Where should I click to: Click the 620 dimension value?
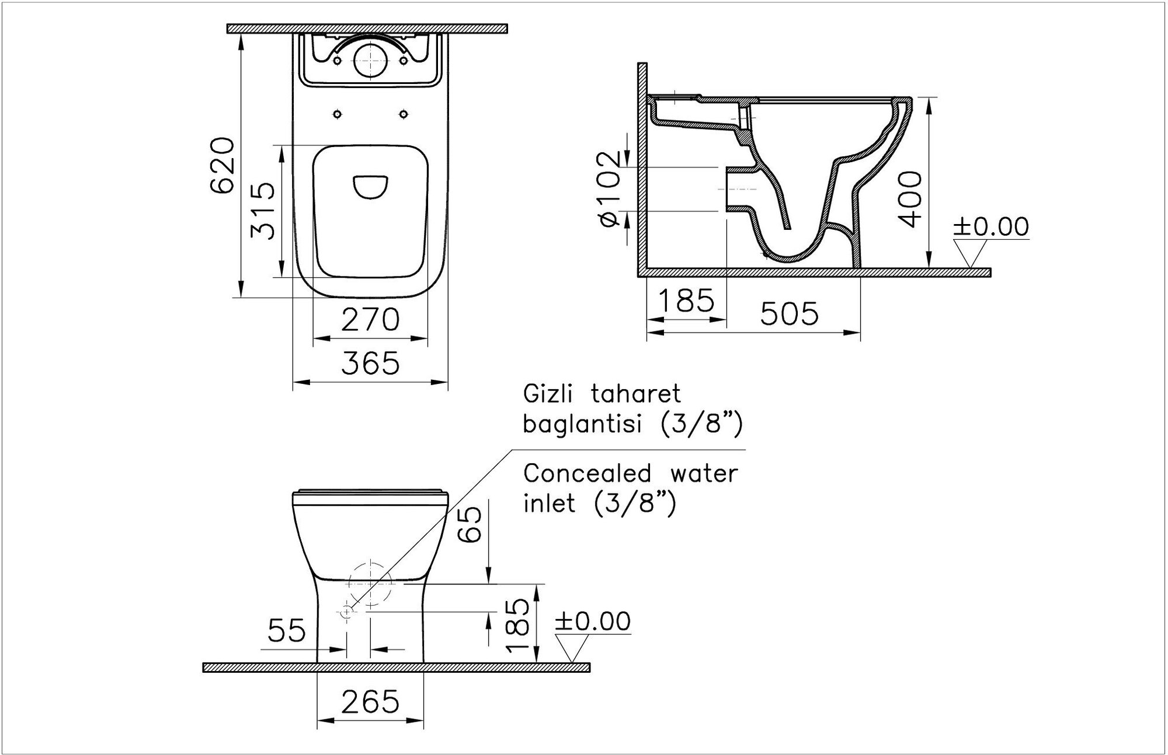[x=223, y=165]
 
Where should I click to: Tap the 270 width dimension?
[x=370, y=320]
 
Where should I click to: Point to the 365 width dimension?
[x=370, y=363]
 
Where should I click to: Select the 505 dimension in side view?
[x=790, y=314]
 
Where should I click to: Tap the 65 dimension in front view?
[x=471, y=524]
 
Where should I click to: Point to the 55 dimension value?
[x=287, y=631]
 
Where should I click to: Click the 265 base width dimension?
[x=370, y=702]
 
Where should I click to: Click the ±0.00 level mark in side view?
[x=991, y=227]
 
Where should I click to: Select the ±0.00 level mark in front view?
[x=593, y=621]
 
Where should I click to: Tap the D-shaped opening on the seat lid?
[x=371, y=187]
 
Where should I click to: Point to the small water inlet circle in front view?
[x=346, y=611]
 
